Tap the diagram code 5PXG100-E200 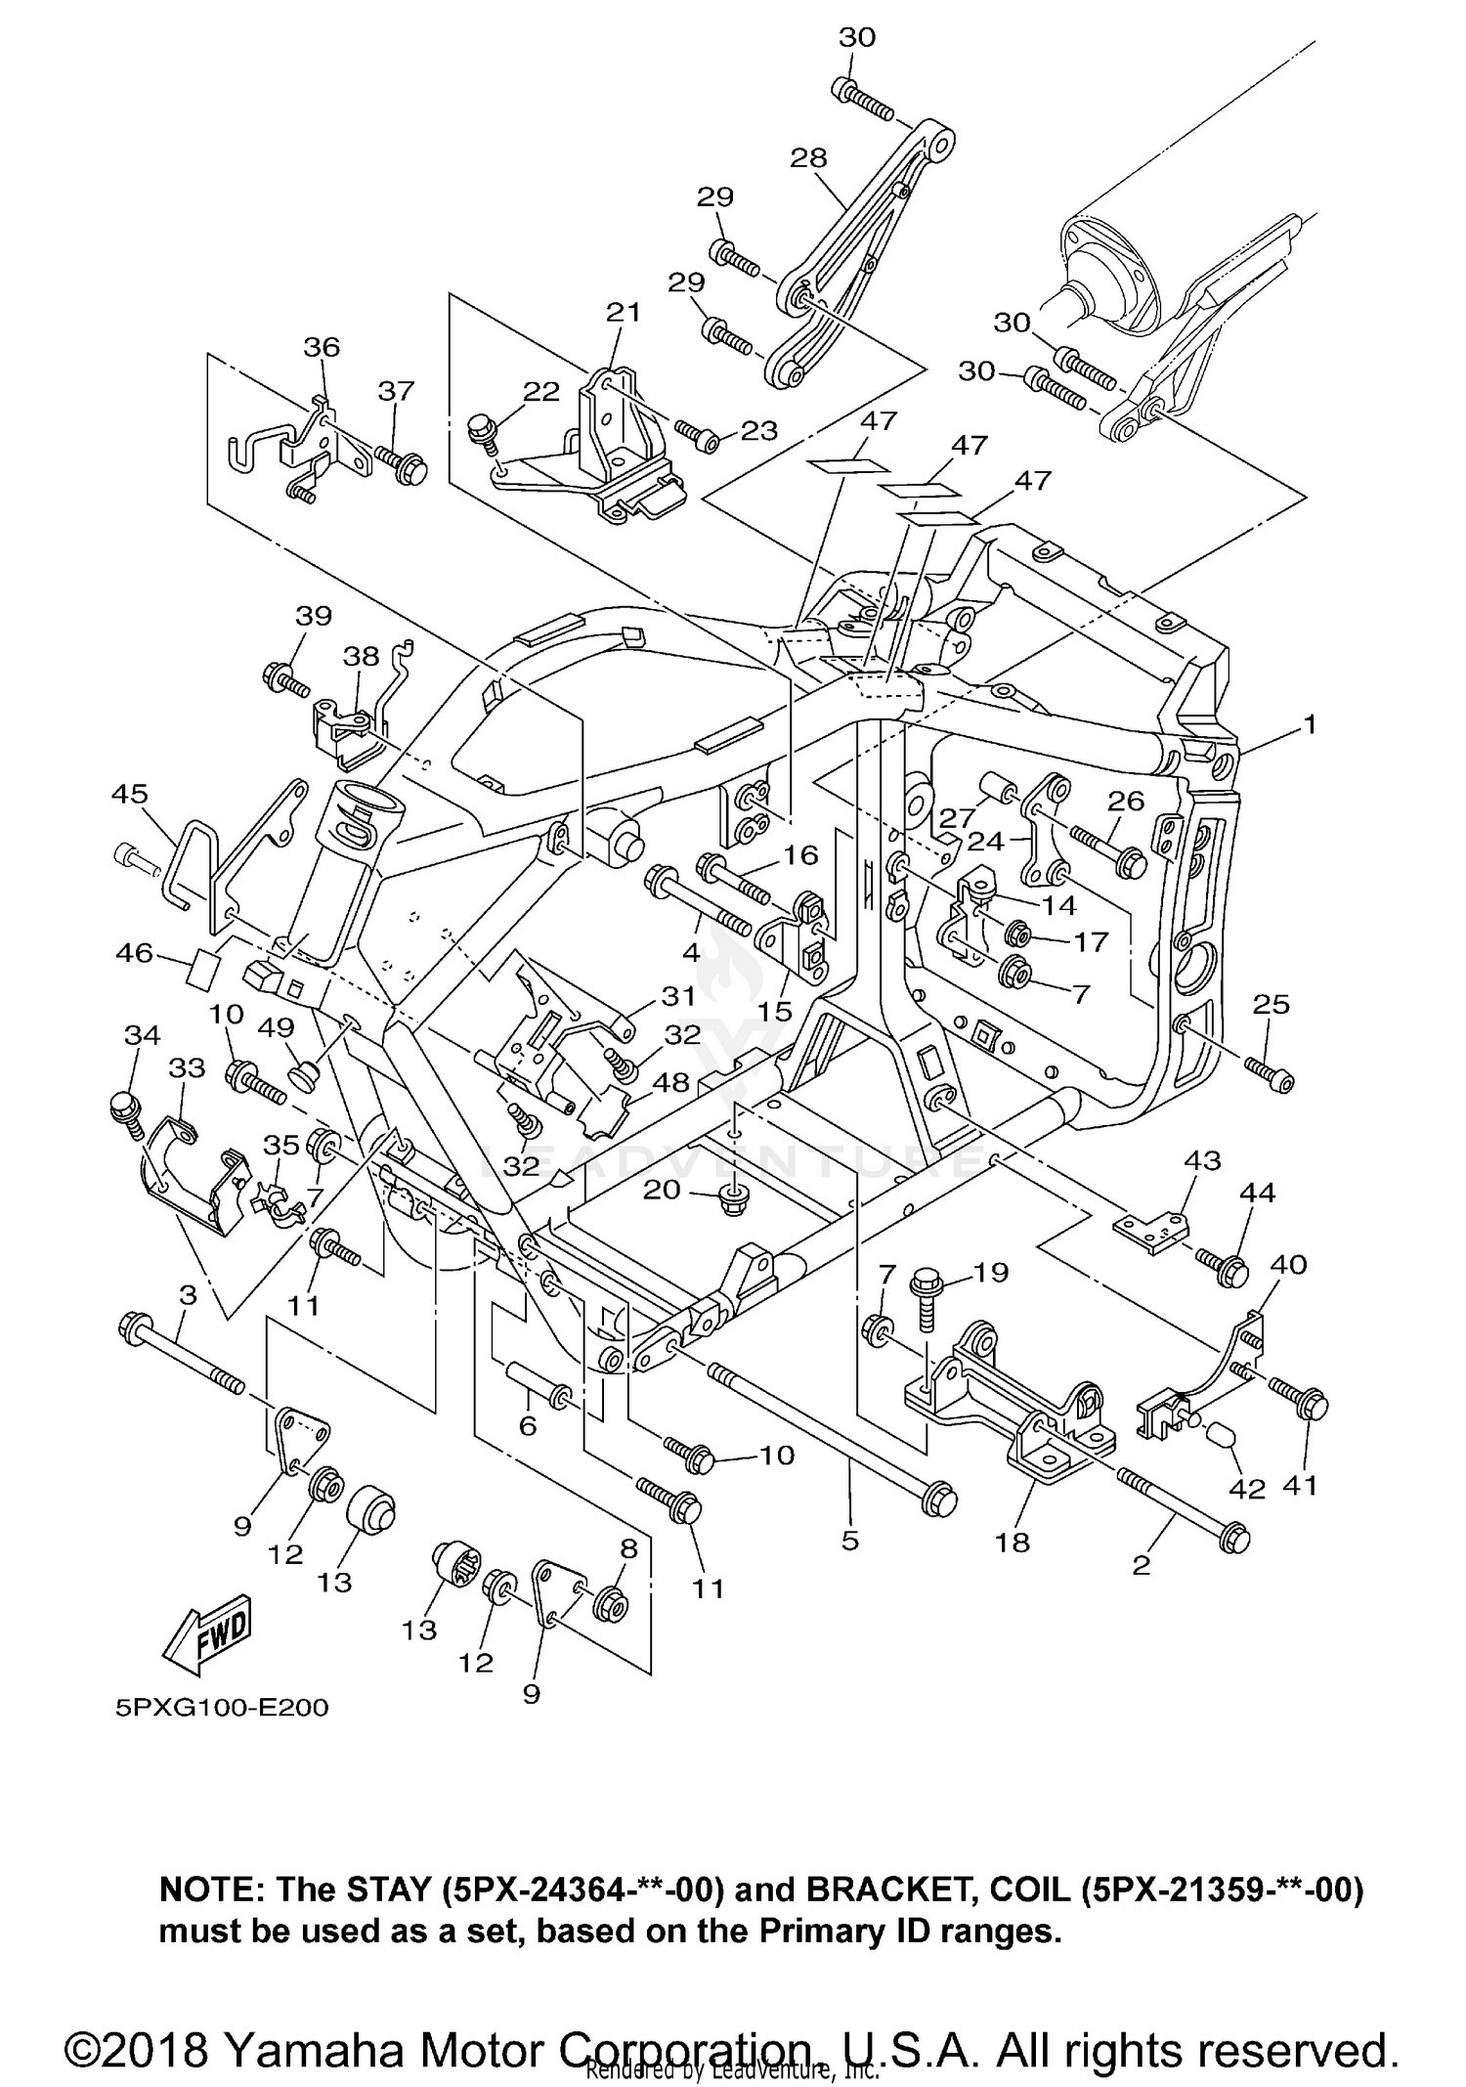point(222,1708)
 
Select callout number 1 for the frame point(1309,724)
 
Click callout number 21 point(623,312)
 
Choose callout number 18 point(1013,1542)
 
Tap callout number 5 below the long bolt point(849,1542)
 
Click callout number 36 point(322,347)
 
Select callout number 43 point(1202,1160)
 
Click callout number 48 point(672,1082)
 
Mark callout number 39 point(314,616)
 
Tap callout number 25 point(1271,1004)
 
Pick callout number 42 point(1246,1489)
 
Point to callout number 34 point(143,1035)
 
